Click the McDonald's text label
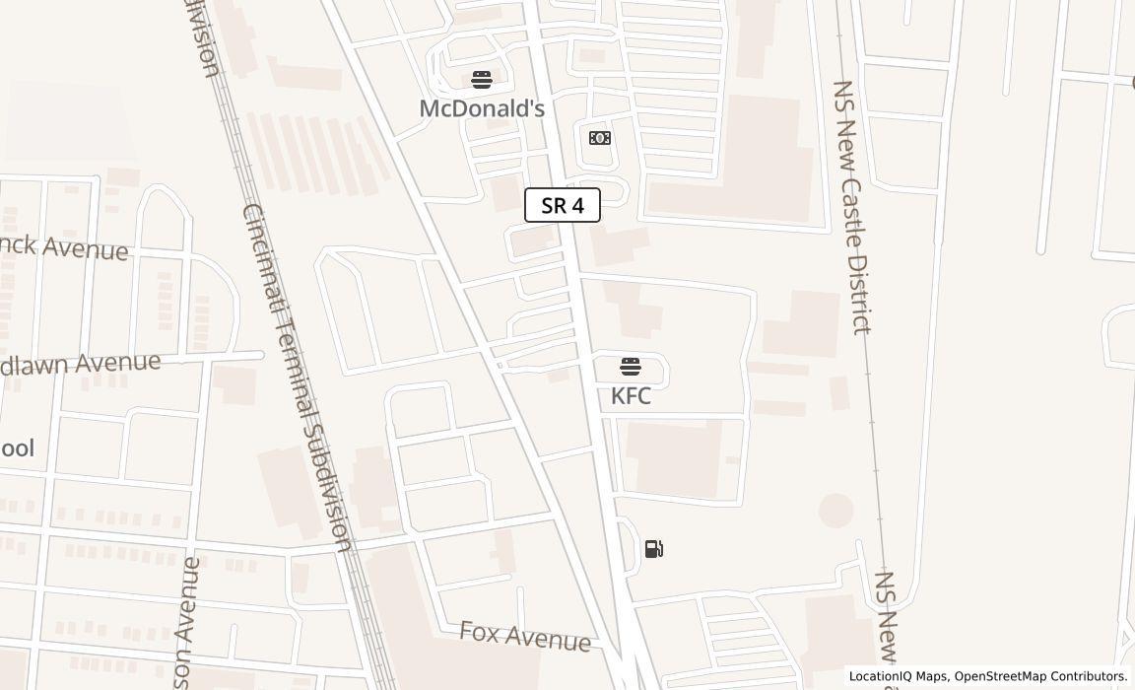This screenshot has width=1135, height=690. point(482,108)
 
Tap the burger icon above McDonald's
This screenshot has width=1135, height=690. point(482,80)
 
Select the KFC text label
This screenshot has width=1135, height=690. point(631,396)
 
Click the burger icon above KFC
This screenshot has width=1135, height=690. point(631,368)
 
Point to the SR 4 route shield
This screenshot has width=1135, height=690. point(563,205)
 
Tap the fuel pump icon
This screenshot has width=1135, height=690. point(654,549)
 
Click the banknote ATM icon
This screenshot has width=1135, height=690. point(600,138)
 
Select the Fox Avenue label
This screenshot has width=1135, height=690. point(525,636)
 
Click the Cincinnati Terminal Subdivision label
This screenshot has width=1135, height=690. point(297,378)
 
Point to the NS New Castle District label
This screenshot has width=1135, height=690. point(853,207)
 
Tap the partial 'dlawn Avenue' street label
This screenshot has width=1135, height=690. point(80,364)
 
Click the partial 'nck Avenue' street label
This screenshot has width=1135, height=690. point(64,247)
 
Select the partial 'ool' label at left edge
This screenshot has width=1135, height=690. point(17,448)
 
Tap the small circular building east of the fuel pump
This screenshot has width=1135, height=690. point(835,511)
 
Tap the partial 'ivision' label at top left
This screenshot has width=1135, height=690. point(202,39)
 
